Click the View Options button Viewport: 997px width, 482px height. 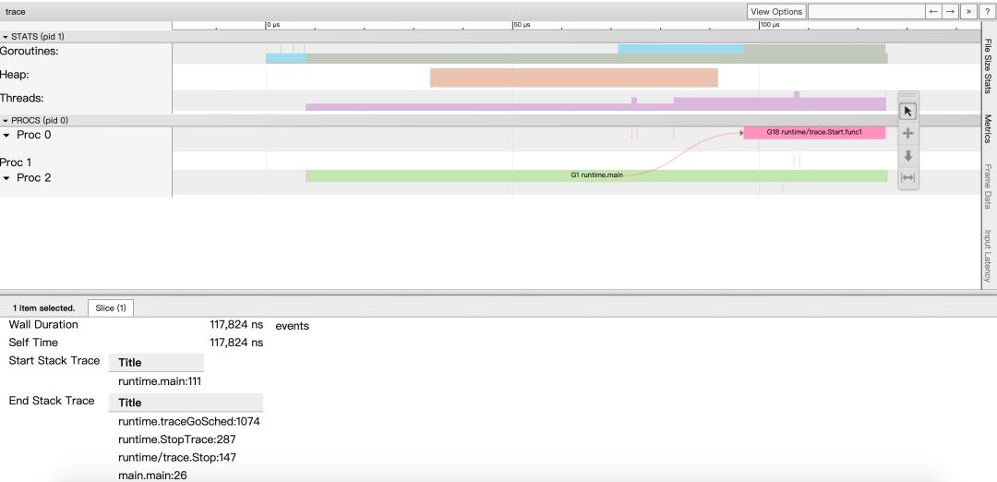click(x=776, y=11)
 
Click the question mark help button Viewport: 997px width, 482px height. click(x=987, y=11)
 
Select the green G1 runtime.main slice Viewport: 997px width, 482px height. click(x=596, y=175)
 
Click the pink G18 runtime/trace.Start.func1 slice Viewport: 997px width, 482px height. click(x=814, y=132)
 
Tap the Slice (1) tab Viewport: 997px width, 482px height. click(x=111, y=307)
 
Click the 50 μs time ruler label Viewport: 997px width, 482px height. click(x=522, y=25)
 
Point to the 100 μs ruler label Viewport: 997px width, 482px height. click(x=770, y=25)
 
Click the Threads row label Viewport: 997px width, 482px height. click(x=21, y=98)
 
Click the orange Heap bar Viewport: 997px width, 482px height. click(x=573, y=78)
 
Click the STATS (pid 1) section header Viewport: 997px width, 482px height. click(x=37, y=36)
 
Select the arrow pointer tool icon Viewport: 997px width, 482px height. click(x=908, y=111)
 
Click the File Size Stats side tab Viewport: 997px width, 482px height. click(x=988, y=66)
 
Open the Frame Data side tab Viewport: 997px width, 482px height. click(x=988, y=187)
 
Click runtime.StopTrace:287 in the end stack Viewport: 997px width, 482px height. click(x=177, y=440)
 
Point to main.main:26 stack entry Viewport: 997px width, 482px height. click(x=152, y=475)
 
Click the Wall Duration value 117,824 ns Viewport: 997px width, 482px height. click(x=236, y=325)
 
